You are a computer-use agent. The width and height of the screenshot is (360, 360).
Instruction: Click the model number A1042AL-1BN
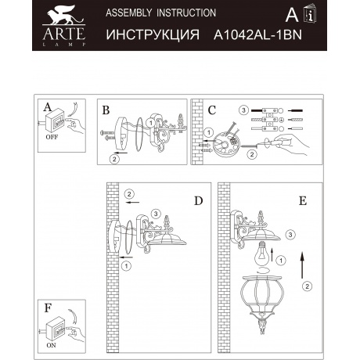(257, 34)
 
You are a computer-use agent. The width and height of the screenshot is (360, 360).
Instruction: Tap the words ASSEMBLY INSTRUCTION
(160, 13)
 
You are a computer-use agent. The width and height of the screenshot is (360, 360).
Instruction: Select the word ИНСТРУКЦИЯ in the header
(153, 34)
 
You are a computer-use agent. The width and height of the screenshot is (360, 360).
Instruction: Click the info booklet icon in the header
(310, 13)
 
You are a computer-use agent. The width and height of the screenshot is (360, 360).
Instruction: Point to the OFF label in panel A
(52, 137)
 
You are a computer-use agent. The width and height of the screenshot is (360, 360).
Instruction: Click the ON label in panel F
(51, 345)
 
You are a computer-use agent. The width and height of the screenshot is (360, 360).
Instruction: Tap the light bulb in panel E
(261, 254)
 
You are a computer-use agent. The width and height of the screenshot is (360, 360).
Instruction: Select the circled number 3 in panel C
(243, 110)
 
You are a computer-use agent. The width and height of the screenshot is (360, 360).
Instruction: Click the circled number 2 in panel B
(114, 159)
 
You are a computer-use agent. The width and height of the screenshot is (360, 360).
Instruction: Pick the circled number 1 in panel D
(126, 266)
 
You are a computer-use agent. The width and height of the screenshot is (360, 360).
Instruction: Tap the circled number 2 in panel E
(307, 286)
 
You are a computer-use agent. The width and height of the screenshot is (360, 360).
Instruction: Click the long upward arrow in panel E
(302, 265)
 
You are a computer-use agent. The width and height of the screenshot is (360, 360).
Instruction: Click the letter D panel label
(199, 201)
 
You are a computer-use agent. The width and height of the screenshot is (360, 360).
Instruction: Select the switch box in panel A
(54, 121)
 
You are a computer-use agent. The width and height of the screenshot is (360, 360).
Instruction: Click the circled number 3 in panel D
(156, 214)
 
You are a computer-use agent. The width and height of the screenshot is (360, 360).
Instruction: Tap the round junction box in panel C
(226, 146)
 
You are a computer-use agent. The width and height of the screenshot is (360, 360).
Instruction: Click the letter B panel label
(106, 110)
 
